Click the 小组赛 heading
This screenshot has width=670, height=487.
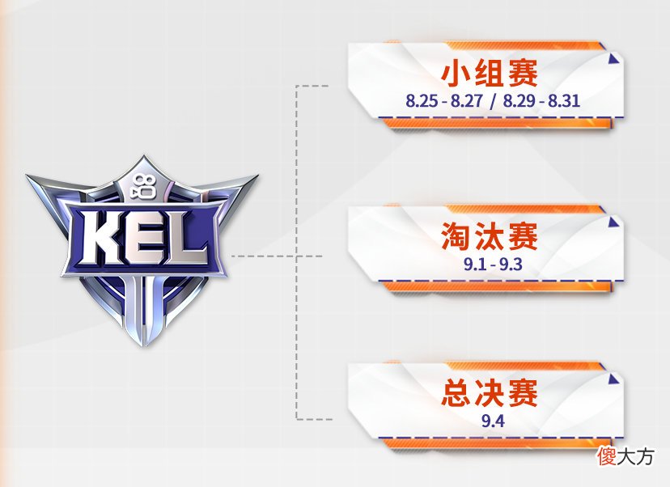(x=490, y=74)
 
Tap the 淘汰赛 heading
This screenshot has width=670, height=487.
(x=490, y=235)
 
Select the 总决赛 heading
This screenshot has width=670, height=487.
(x=490, y=393)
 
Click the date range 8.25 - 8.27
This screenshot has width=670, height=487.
(x=444, y=101)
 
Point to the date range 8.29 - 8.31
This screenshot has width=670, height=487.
(x=541, y=101)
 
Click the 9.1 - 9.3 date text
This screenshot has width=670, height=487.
(x=493, y=265)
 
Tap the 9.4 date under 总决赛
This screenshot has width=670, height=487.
(x=493, y=421)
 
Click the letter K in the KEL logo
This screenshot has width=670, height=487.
(x=101, y=238)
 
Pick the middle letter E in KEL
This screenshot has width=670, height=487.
(x=146, y=238)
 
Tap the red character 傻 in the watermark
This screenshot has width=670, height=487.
(x=607, y=456)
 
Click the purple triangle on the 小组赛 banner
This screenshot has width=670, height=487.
(x=614, y=59)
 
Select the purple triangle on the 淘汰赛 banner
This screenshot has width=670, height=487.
(x=614, y=222)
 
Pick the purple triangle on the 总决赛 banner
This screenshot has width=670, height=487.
(x=614, y=379)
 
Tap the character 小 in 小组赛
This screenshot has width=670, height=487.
(x=456, y=74)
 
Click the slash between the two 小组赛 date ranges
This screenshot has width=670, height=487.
(x=494, y=101)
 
